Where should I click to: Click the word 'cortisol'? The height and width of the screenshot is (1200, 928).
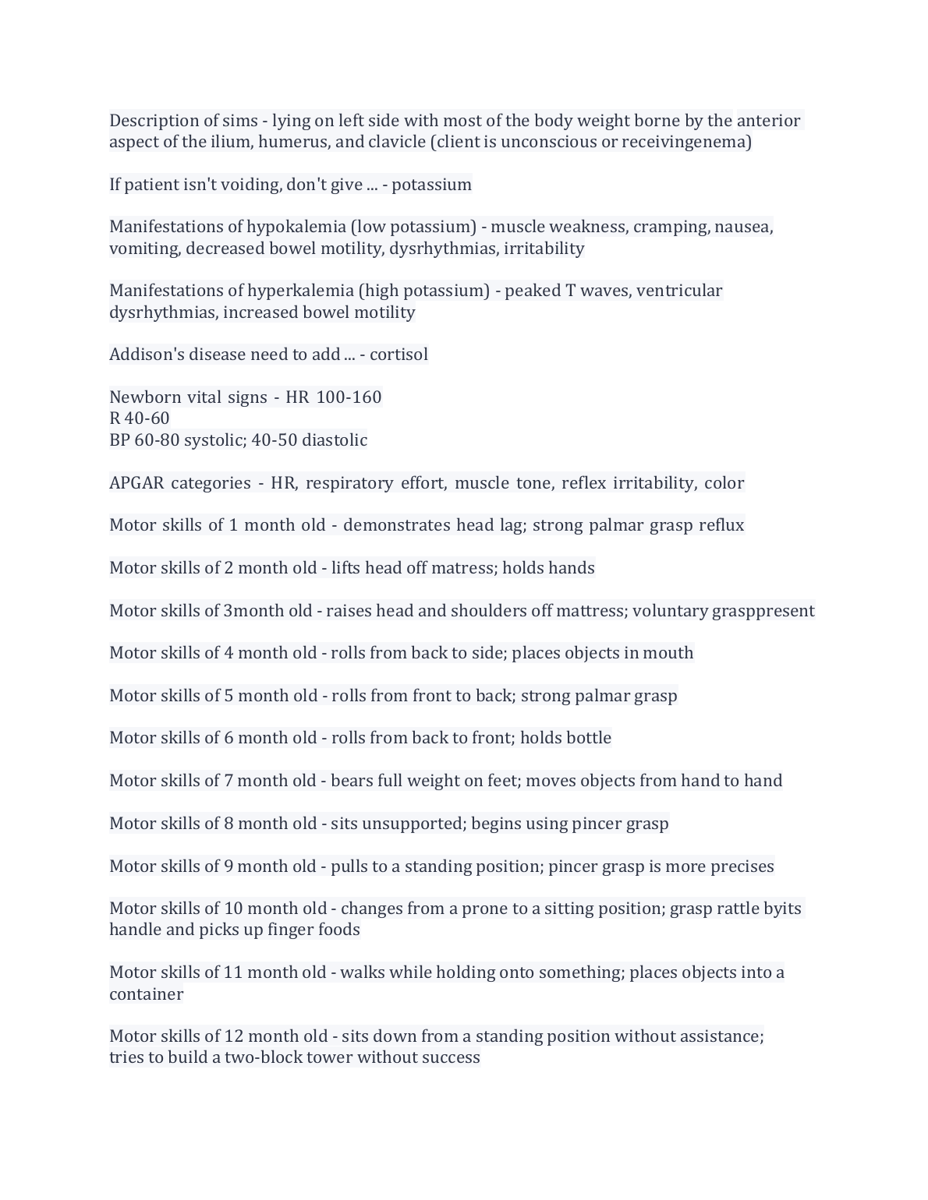pyautogui.click(x=398, y=355)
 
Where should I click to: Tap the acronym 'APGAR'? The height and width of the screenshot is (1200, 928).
pyautogui.click(x=136, y=483)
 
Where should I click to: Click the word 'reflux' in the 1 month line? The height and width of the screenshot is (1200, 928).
pyautogui.click(x=721, y=525)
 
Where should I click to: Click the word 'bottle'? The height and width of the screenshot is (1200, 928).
pyautogui.click(x=588, y=738)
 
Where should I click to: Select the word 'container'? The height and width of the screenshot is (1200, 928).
pyautogui.click(x=147, y=994)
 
